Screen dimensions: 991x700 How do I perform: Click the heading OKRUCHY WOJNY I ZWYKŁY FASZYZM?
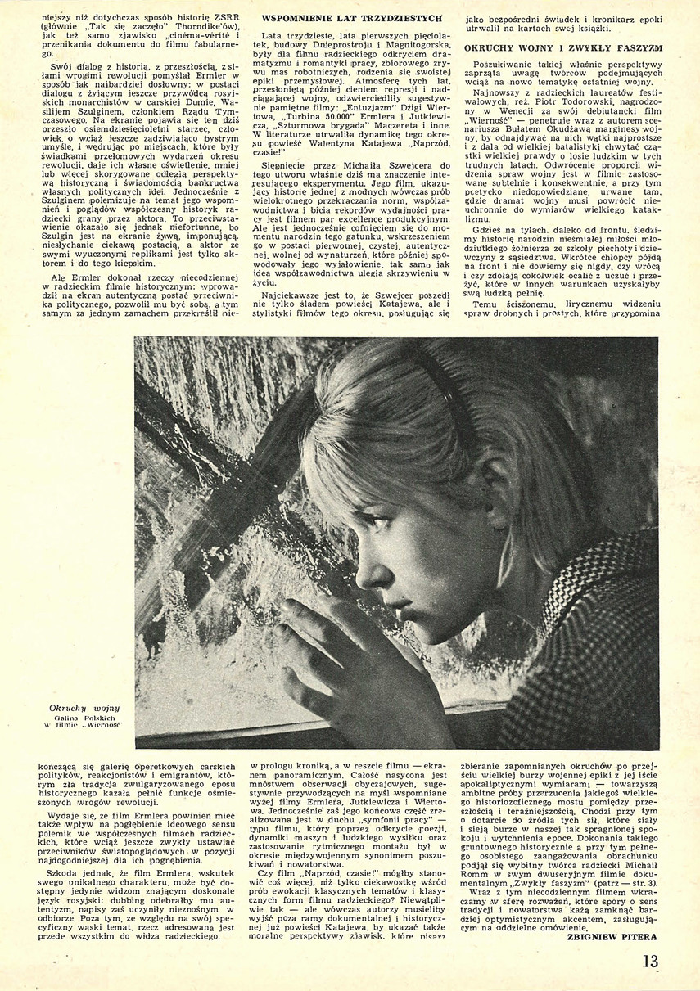click(562, 48)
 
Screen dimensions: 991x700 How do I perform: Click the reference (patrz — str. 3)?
click(629, 884)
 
